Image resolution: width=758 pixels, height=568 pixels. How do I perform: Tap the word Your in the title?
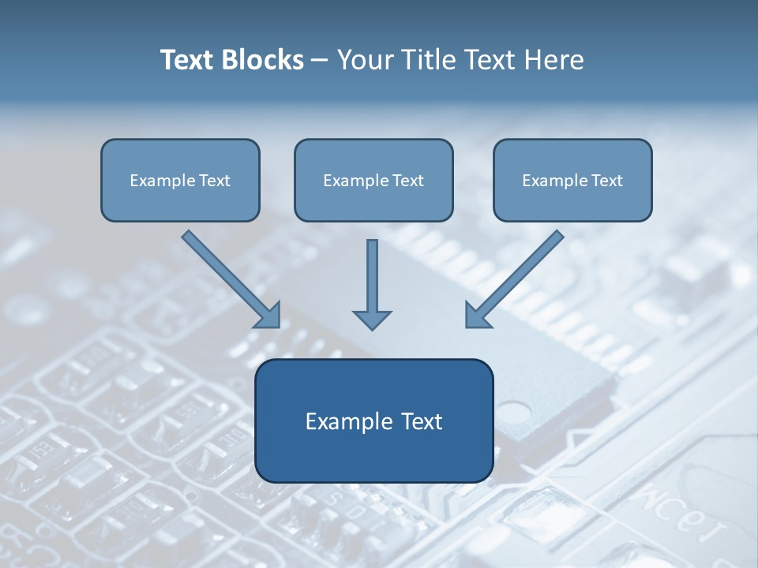click(365, 60)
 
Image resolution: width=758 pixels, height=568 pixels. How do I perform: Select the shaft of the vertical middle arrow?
click(372, 272)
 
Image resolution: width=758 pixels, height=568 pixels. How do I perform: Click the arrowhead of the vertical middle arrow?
click(372, 319)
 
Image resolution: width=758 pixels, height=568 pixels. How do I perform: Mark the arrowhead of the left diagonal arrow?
click(270, 316)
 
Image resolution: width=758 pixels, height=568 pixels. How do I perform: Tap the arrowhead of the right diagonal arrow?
click(475, 316)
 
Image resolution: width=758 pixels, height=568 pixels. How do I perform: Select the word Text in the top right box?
click(607, 181)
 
